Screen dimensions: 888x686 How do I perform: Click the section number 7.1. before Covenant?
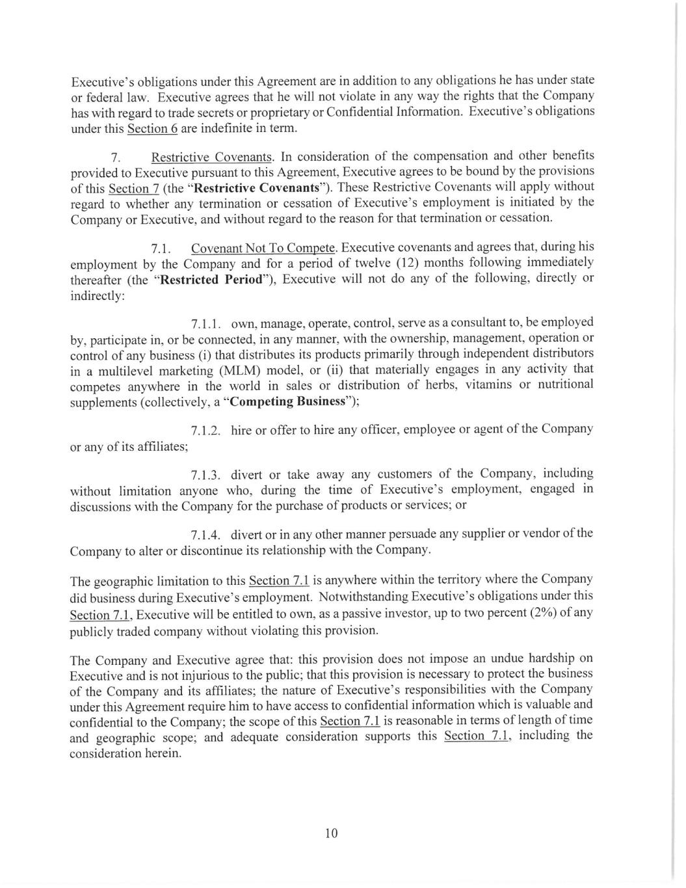click(161, 249)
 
